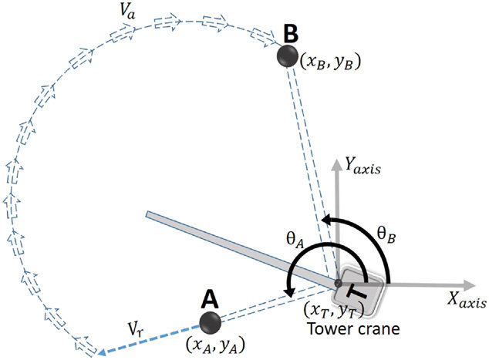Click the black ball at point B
(x=288, y=56)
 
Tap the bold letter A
(x=209, y=297)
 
